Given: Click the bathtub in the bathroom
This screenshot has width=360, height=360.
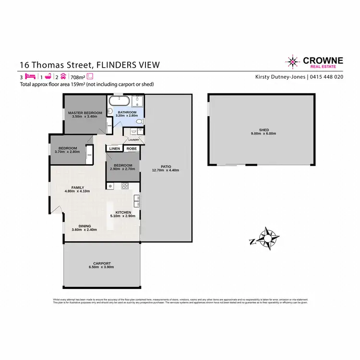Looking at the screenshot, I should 118,101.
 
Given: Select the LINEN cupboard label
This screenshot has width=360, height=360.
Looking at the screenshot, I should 114,149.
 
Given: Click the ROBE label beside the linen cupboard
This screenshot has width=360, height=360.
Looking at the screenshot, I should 131,149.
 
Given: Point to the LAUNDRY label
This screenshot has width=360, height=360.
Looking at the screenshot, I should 133,140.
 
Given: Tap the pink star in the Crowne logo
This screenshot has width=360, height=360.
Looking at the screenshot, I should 291,61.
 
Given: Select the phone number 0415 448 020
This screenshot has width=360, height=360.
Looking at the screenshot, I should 326,76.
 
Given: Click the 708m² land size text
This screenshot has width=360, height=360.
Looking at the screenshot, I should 77,76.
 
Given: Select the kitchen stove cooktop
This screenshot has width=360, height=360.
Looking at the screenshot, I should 125,186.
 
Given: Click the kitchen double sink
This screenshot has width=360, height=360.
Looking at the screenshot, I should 137,202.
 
